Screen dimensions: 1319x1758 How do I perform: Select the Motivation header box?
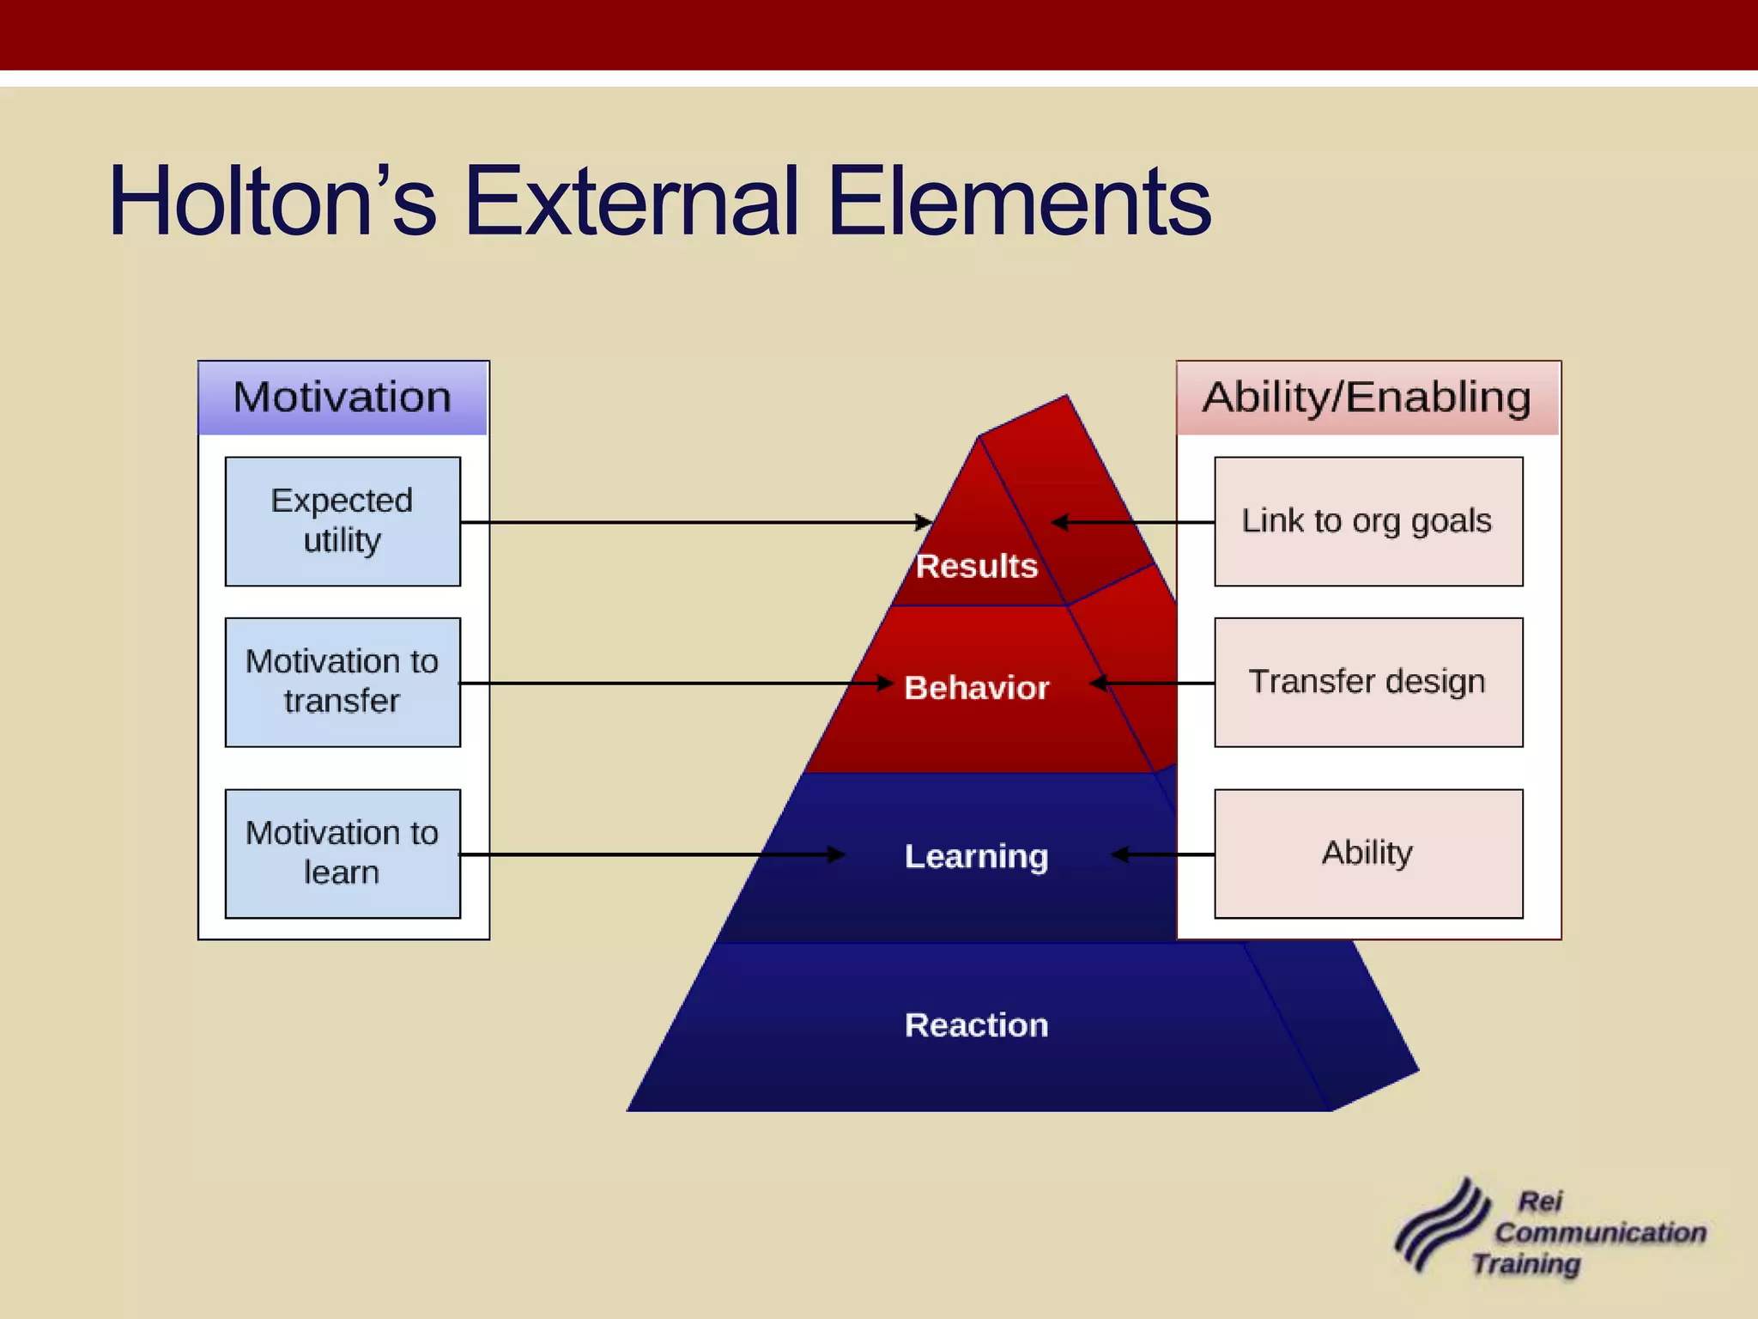pyautogui.click(x=343, y=398)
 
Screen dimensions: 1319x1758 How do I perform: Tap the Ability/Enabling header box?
pyautogui.click(x=1367, y=398)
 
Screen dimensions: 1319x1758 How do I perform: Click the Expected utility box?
pyautogui.click(x=343, y=521)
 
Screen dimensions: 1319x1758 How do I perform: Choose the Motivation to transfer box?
pyautogui.click(x=343, y=682)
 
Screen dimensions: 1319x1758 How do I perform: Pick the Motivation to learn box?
pyautogui.click(x=343, y=854)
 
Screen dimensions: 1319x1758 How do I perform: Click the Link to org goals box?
pyautogui.click(x=1368, y=521)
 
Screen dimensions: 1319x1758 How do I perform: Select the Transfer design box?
pyautogui.click(x=1368, y=682)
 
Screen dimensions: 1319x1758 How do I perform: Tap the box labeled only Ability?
pyautogui.click(x=1368, y=854)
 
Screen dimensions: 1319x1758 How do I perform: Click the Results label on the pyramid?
pyautogui.click(x=977, y=567)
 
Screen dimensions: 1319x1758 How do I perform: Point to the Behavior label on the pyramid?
pyautogui.click(x=977, y=688)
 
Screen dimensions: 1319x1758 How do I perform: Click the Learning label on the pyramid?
pyautogui.click(x=977, y=856)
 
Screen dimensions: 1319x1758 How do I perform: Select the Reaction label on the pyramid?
pyautogui.click(x=977, y=1025)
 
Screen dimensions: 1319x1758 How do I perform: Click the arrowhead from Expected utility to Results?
pyautogui.click(x=925, y=522)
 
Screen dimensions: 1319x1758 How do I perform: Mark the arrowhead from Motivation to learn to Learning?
pyautogui.click(x=837, y=854)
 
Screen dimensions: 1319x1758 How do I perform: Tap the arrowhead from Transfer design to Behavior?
pyautogui.click(x=1098, y=683)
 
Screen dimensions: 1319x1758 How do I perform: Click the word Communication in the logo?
pyautogui.click(x=1600, y=1233)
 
